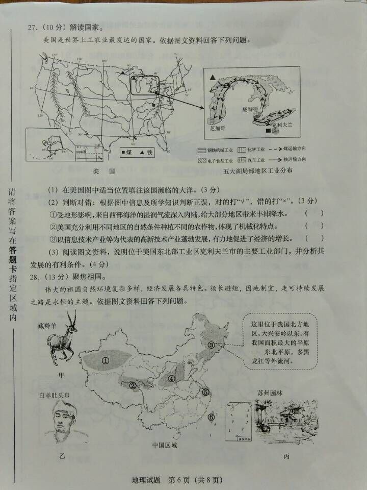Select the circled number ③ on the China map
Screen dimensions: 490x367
pos(211,345)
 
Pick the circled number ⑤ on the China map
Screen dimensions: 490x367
pos(205,393)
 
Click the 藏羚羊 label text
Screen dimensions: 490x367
pos(49,325)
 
